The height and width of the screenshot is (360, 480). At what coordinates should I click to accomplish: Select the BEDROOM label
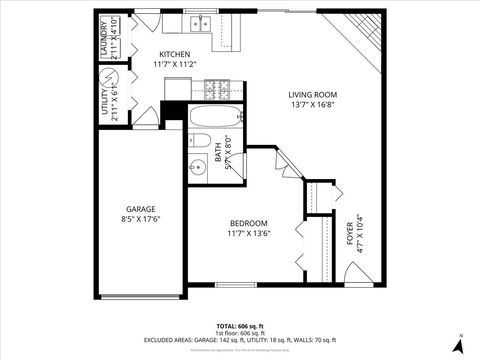(248, 223)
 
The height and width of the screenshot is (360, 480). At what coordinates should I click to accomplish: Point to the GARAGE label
(140, 209)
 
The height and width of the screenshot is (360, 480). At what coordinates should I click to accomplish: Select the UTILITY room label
(105, 103)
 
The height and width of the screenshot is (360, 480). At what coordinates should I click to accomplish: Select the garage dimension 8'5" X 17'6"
(140, 219)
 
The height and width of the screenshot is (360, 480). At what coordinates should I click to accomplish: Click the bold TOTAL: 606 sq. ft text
(240, 326)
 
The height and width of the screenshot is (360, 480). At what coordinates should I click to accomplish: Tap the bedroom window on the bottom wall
(230, 286)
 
